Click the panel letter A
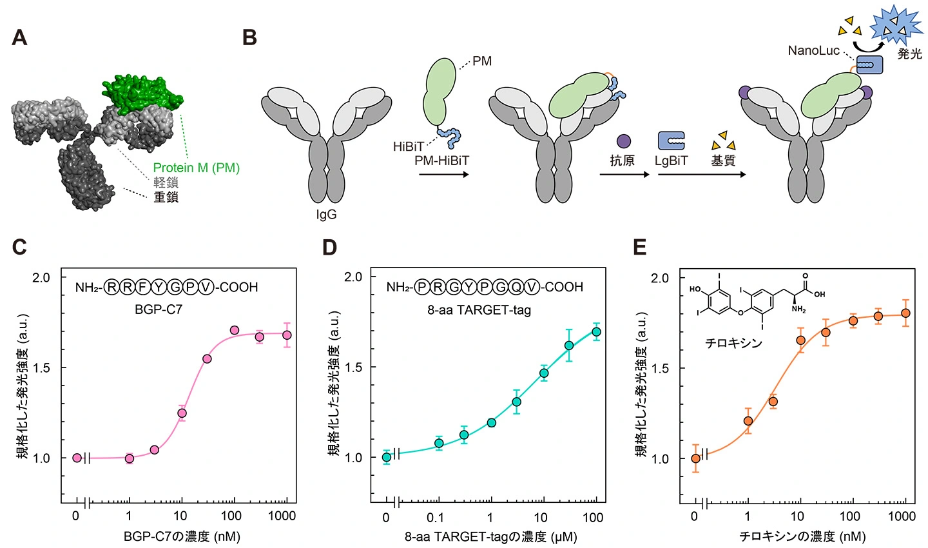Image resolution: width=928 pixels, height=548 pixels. click(x=19, y=38)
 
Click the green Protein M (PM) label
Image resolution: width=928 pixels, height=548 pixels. click(x=196, y=168)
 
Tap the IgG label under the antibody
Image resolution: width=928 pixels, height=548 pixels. click(x=326, y=215)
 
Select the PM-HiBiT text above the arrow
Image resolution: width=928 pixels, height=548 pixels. click(x=441, y=161)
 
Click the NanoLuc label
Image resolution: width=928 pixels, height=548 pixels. click(x=814, y=50)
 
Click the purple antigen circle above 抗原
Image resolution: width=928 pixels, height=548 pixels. click(x=623, y=141)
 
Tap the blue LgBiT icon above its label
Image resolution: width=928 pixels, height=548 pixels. click(x=671, y=140)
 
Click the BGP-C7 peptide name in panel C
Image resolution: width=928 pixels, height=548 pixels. click(x=159, y=309)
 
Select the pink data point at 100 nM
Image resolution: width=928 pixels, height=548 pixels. click(x=235, y=330)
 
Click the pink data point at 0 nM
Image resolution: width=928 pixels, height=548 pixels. click(x=77, y=458)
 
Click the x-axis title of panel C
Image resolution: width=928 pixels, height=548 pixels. click(x=182, y=536)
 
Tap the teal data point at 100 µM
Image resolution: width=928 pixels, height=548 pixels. click(x=596, y=332)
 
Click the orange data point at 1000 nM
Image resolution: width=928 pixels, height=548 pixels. click(x=905, y=313)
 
